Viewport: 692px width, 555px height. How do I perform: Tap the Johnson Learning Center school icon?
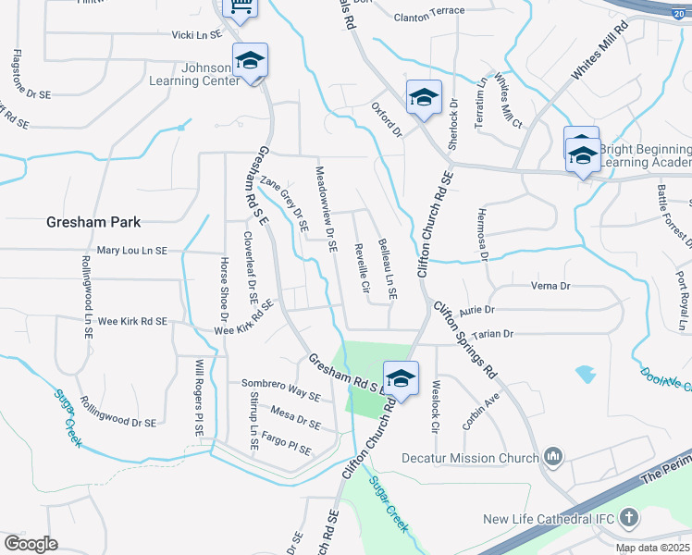click(x=250, y=61)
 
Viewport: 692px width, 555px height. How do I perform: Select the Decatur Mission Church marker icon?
click(x=553, y=456)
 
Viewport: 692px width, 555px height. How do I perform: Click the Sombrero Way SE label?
click(x=280, y=389)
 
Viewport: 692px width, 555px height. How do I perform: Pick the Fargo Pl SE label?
click(x=287, y=444)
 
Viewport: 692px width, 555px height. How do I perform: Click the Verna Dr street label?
click(x=549, y=286)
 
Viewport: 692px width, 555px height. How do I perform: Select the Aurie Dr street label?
click(x=476, y=310)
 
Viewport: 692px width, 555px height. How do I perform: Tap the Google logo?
click(x=31, y=544)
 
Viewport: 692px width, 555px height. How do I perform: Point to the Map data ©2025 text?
click(x=652, y=548)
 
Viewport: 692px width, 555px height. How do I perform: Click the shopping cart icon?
click(x=240, y=9)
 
